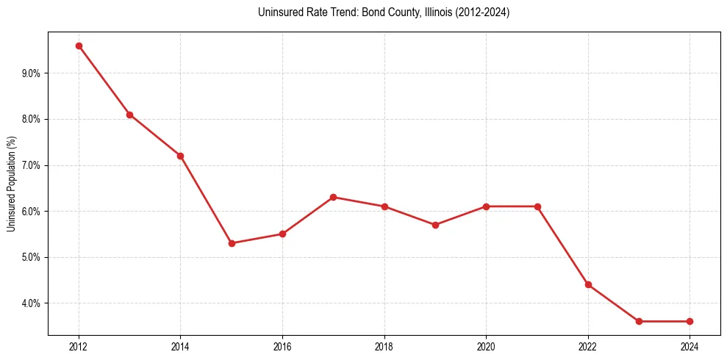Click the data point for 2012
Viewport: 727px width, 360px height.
[x=79, y=46]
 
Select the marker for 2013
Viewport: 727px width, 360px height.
[x=129, y=115]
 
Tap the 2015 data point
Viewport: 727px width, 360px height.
[x=232, y=243]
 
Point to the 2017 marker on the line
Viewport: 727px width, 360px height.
[x=333, y=197]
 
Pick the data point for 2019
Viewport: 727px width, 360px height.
[x=435, y=225]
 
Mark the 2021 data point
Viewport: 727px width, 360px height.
[x=537, y=206]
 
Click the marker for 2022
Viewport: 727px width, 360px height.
[x=588, y=284]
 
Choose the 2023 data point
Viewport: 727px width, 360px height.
[x=639, y=321]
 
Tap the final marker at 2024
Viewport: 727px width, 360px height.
[x=690, y=321]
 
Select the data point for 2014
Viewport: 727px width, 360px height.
[x=180, y=156]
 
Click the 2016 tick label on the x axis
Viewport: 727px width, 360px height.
[x=282, y=347]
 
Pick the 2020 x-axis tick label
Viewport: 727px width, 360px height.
[x=486, y=347]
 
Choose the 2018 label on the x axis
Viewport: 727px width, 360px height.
[x=384, y=347]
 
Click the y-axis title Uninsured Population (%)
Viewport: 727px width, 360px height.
[x=11, y=184]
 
